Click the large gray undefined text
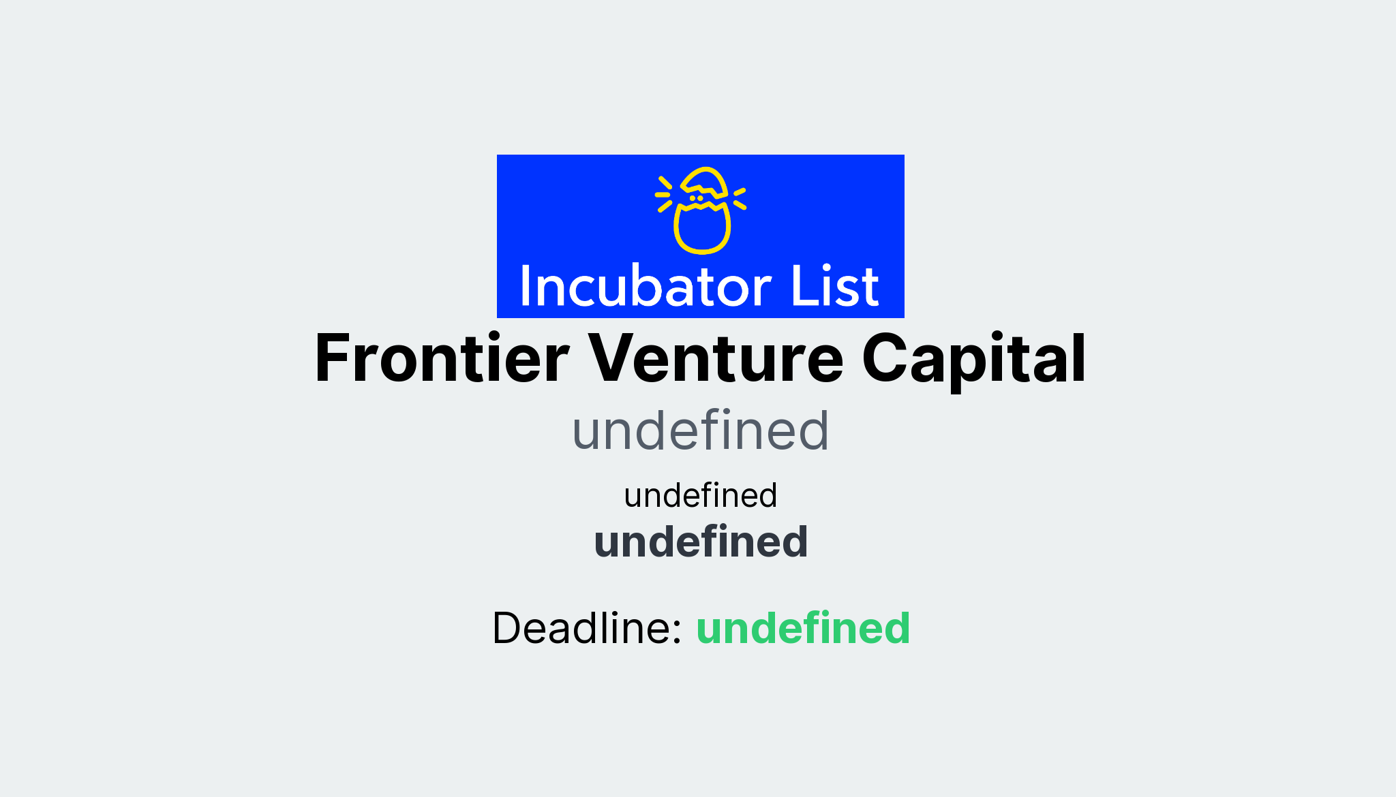click(701, 431)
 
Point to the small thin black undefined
click(701, 495)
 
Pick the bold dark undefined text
click(701, 542)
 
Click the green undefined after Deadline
click(803, 628)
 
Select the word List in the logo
click(834, 286)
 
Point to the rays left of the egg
click(664, 194)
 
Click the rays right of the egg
click(740, 198)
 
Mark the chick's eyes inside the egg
click(696, 198)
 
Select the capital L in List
click(801, 286)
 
